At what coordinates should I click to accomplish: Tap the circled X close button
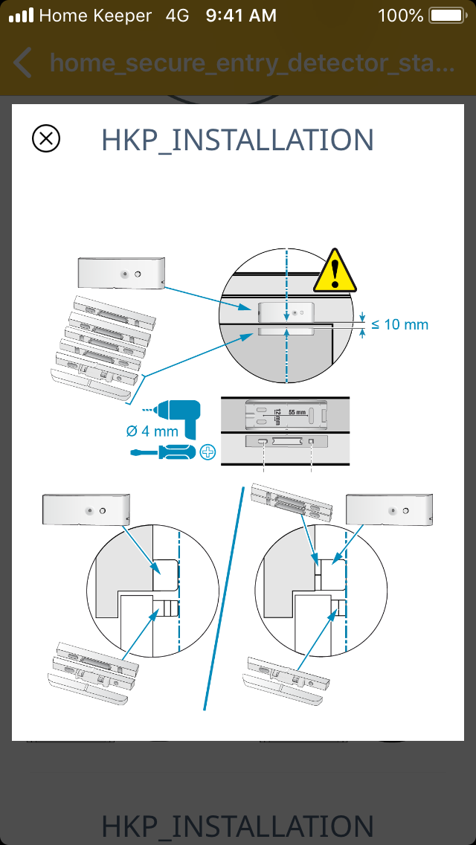click(x=46, y=138)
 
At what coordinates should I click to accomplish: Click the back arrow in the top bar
click(x=23, y=63)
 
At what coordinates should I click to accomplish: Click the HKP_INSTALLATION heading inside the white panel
click(x=237, y=140)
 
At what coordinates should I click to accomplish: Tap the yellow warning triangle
click(x=336, y=271)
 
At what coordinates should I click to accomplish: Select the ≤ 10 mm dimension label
click(x=400, y=324)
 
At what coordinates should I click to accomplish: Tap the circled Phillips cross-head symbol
click(x=208, y=452)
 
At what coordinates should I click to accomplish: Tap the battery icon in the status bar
click(x=448, y=15)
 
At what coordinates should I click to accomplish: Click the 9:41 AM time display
click(x=241, y=15)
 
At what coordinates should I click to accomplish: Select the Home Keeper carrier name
click(x=94, y=15)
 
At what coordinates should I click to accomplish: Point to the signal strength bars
click(x=22, y=15)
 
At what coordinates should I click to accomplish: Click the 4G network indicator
click(x=177, y=15)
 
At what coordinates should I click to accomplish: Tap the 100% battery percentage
click(x=400, y=15)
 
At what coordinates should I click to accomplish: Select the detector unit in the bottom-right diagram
click(x=389, y=511)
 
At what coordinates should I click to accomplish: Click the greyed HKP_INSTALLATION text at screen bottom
click(x=237, y=826)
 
